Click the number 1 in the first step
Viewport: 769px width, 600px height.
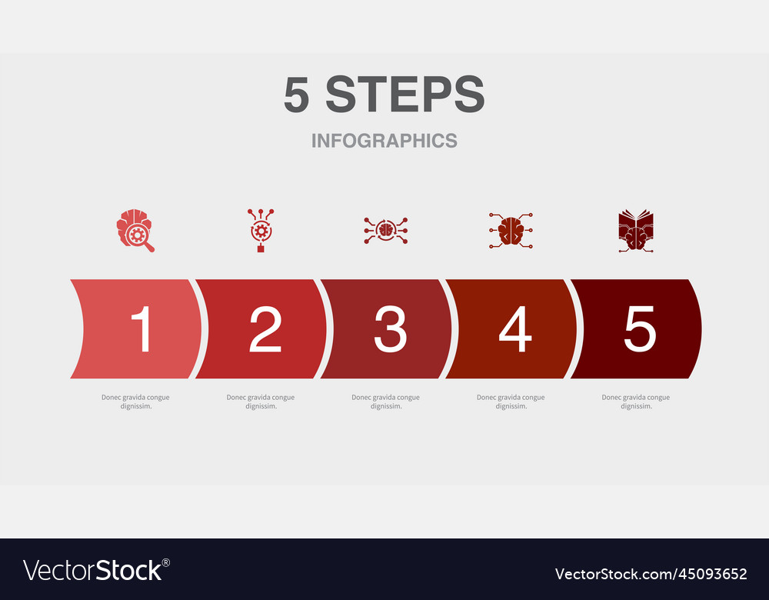(142, 328)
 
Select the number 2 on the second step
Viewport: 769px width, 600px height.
(265, 328)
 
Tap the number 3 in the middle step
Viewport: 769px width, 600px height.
(391, 328)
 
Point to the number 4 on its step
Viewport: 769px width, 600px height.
(515, 328)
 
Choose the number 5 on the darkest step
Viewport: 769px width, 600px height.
(640, 328)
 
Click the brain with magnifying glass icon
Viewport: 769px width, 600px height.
(135, 231)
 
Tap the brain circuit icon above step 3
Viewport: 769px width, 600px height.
(386, 230)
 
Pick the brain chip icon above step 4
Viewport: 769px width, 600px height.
(511, 231)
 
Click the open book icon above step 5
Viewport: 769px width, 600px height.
(636, 231)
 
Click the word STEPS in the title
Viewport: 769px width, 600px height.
(405, 94)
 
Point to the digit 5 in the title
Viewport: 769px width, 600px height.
(297, 94)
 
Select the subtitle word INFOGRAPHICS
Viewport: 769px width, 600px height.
(384, 141)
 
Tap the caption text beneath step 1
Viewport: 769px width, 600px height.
(136, 402)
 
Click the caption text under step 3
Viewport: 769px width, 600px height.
(386, 402)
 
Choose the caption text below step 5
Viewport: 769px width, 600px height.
(636, 402)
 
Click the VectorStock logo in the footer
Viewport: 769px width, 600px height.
(93, 571)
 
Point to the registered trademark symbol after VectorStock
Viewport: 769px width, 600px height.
(166, 563)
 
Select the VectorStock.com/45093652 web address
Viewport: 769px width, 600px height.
(651, 574)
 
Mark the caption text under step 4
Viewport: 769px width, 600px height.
(511, 402)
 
